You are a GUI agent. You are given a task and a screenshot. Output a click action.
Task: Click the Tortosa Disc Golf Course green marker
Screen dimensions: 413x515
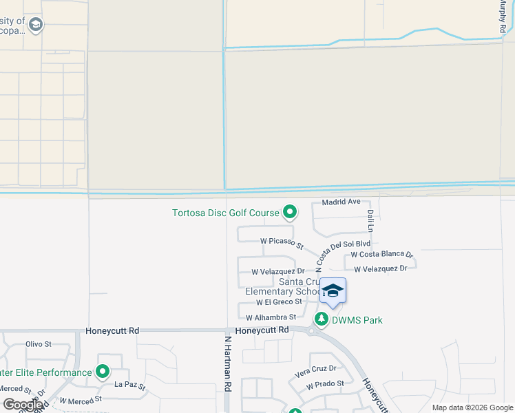[x=290, y=212]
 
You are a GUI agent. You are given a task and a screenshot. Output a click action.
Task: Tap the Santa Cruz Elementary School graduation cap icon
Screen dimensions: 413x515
[x=333, y=291]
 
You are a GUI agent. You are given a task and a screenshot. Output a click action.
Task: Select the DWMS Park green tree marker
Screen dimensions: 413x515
[x=321, y=319]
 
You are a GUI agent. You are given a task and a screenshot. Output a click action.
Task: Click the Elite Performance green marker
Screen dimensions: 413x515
[x=103, y=372]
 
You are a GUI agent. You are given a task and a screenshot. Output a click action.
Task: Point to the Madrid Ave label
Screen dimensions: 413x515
[x=341, y=202]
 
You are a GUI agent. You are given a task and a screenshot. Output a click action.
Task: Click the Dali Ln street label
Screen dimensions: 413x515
[x=370, y=220]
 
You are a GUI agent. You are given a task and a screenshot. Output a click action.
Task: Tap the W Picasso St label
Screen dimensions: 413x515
[x=282, y=242]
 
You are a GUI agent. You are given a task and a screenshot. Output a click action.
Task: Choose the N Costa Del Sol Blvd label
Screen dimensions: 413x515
[x=342, y=253]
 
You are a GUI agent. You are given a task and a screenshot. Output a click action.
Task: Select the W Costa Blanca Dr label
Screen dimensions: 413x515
[x=381, y=255]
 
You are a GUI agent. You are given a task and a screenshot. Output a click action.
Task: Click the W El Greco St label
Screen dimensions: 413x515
[x=279, y=301]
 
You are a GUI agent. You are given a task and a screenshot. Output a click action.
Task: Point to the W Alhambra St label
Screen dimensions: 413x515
[x=271, y=317]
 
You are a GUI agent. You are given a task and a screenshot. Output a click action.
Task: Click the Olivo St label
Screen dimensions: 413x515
[x=39, y=343]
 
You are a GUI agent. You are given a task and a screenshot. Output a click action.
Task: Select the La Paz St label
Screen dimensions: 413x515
[x=130, y=386]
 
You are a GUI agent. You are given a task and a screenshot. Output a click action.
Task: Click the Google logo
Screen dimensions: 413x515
[x=23, y=405]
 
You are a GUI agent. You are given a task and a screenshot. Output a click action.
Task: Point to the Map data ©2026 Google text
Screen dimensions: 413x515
[x=471, y=407]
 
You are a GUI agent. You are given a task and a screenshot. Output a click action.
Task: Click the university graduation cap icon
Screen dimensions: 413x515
[x=36, y=26]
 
